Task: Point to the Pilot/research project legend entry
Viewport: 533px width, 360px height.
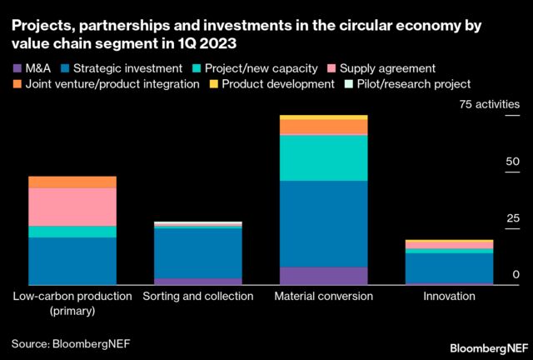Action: (x=407, y=83)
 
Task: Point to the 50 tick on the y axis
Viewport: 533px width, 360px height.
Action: (x=513, y=162)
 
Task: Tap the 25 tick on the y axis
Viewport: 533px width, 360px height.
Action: (x=513, y=218)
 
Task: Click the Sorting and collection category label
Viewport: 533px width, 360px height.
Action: (x=198, y=297)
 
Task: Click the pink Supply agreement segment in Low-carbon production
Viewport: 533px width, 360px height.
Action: (x=72, y=207)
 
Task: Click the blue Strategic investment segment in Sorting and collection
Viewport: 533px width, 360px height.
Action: (x=198, y=252)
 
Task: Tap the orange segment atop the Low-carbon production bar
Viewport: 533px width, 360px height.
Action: (x=72, y=182)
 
